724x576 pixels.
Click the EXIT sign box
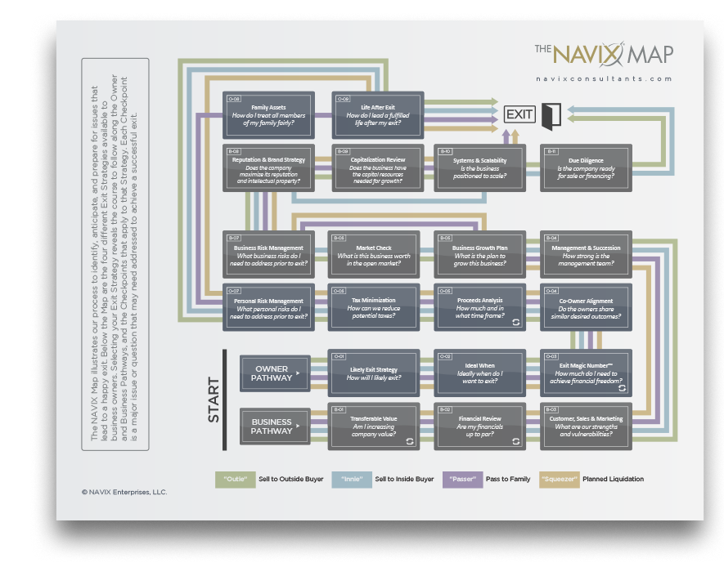click(519, 114)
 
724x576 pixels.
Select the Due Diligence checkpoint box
click(586, 168)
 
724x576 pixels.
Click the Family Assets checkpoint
click(268, 115)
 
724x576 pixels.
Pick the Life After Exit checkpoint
click(377, 115)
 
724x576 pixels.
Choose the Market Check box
click(373, 254)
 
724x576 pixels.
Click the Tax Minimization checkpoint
click(373, 306)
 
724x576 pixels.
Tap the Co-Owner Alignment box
click(586, 306)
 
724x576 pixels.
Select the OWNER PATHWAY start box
click(273, 373)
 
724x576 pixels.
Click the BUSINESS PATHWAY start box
click(273, 426)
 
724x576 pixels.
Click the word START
click(214, 400)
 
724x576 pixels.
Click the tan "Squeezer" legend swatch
click(559, 479)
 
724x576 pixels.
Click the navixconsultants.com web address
click(605, 79)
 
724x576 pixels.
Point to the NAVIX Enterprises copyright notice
click(124, 493)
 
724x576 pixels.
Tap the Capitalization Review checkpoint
click(377, 168)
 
